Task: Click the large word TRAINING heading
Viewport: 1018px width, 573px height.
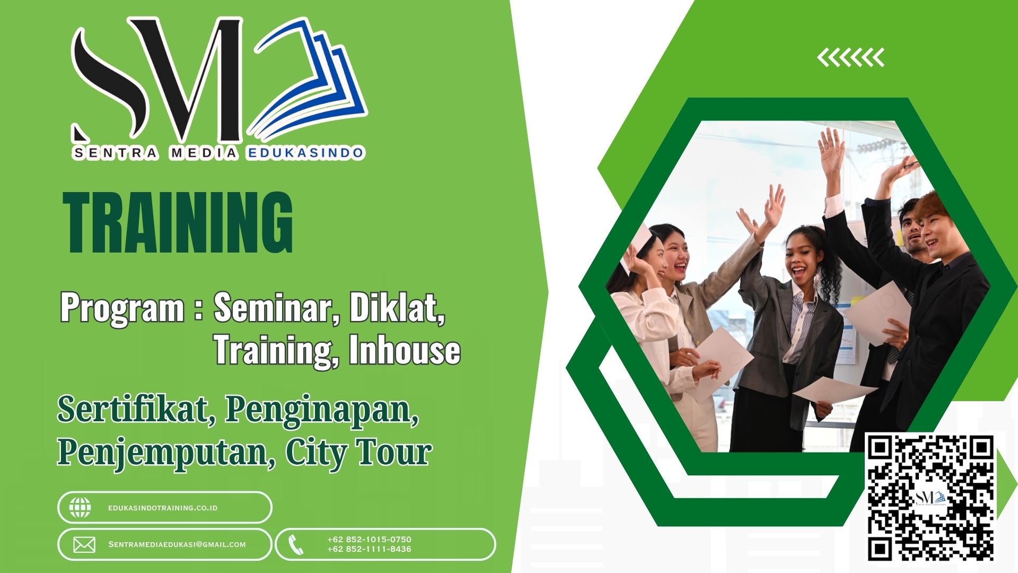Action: click(x=178, y=223)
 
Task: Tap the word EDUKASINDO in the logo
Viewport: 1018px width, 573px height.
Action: click(x=305, y=153)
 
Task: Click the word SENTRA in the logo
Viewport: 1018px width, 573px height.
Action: click(x=115, y=153)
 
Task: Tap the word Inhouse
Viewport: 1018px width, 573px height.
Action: click(x=404, y=350)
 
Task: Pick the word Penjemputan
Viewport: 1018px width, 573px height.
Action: click(x=166, y=453)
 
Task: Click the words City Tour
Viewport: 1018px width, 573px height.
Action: click(x=358, y=453)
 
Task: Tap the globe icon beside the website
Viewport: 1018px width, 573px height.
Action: click(x=80, y=508)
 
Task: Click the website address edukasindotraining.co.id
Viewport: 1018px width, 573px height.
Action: click(x=163, y=508)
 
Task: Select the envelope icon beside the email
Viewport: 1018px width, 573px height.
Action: click(x=84, y=545)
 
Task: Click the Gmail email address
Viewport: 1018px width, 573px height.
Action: click(x=177, y=544)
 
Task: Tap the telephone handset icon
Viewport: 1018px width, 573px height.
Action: click(x=295, y=545)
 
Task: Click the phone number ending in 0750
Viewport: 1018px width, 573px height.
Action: click(x=369, y=539)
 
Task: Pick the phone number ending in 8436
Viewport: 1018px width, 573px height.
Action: click(x=369, y=549)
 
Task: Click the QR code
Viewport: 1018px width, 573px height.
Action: click(x=931, y=497)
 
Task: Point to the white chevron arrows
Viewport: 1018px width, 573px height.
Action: click(x=850, y=57)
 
